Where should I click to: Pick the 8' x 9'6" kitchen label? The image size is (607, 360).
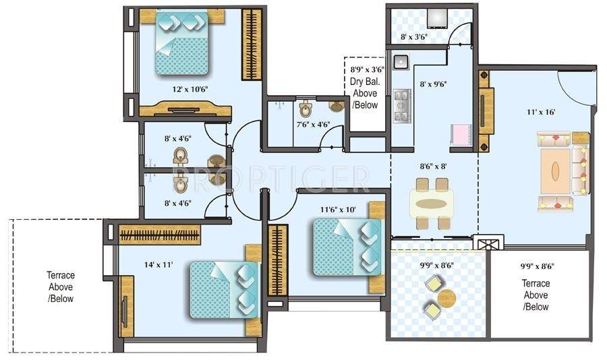pos(433,84)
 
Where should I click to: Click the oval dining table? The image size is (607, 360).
pos(432,203)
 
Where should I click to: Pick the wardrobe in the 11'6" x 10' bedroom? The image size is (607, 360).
pos(277,260)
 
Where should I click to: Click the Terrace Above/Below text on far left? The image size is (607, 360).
pos(61,287)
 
